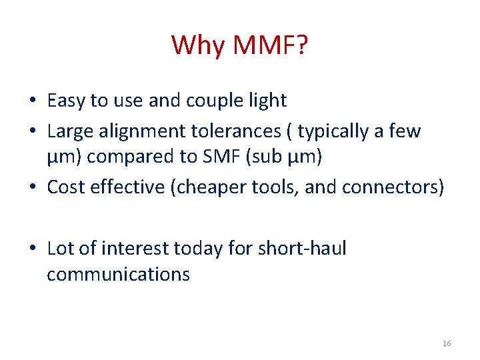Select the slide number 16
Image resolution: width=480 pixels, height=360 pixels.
pyautogui.click(x=446, y=343)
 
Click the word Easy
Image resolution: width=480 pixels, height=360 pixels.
pyautogui.click(x=67, y=101)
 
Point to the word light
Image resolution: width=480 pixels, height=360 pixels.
pyautogui.click(x=266, y=101)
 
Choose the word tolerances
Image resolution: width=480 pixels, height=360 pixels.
pyautogui.click(x=237, y=131)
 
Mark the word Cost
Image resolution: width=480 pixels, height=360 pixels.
pyautogui.click(x=65, y=187)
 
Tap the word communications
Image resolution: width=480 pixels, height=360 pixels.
pyautogui.click(x=118, y=274)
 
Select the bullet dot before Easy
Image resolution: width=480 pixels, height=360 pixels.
pyautogui.click(x=32, y=101)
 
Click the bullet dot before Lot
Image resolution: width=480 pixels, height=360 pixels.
pyautogui.click(x=32, y=249)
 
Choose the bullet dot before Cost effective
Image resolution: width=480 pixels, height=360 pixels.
pyautogui.click(x=32, y=188)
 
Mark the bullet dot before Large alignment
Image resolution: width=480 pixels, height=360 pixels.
pyautogui.click(x=32, y=131)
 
